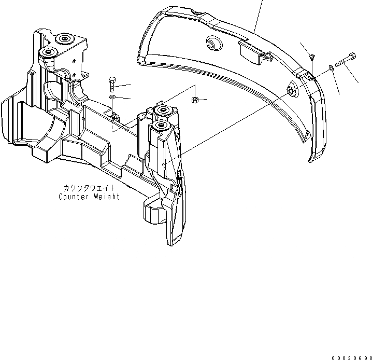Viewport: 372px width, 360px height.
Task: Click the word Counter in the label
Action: (x=73, y=197)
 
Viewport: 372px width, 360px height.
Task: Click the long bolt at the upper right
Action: (x=344, y=60)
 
